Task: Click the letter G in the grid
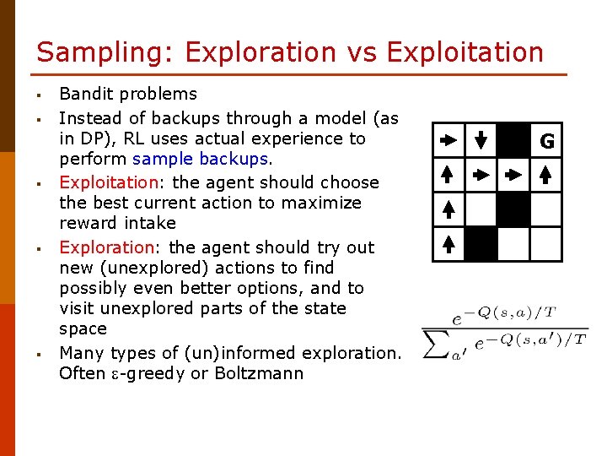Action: pos(546,142)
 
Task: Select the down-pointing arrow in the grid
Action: pos(481,141)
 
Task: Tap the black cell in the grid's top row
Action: pos(513,141)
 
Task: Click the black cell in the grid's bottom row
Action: pos(481,244)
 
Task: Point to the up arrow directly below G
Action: pos(546,176)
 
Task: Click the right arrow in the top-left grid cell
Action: pos(449,141)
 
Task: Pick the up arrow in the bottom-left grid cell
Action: pos(449,244)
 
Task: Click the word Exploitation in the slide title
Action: pos(465,52)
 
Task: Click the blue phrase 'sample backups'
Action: pos(200,159)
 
